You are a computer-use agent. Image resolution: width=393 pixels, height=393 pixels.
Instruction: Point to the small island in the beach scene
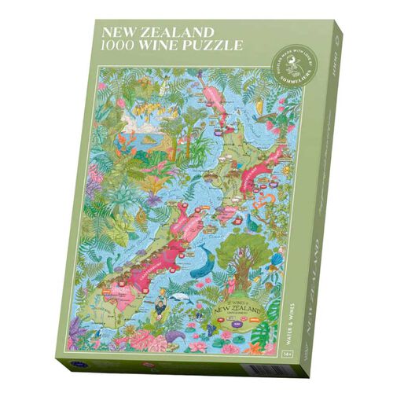(x=147, y=142)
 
